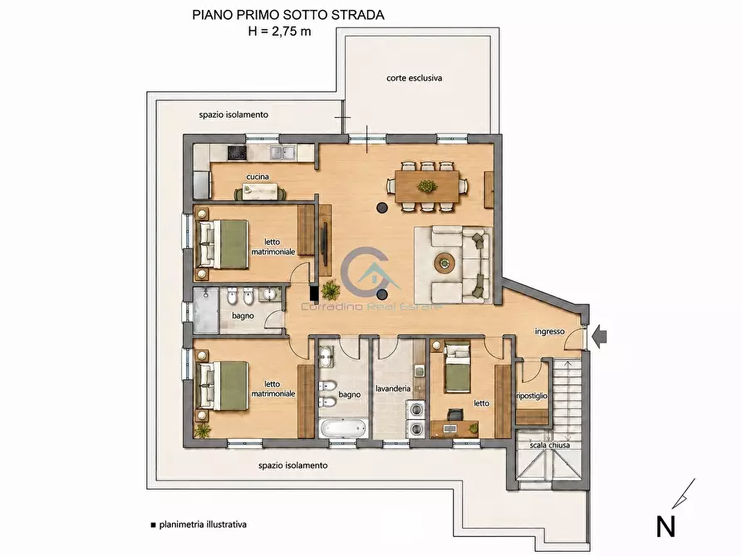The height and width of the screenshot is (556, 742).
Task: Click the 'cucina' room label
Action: [x=258, y=177]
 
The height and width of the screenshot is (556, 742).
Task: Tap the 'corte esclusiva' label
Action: [x=414, y=78]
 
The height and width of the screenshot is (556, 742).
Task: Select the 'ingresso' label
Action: [x=549, y=331]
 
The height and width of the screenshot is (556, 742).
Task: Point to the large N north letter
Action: [x=666, y=526]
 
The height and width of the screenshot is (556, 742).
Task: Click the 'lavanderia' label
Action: [x=393, y=388]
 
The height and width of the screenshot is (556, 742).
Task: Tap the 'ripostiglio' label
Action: [x=532, y=396]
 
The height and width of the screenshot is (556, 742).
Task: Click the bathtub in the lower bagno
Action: [x=343, y=429]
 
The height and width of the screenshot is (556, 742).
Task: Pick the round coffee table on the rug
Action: [x=445, y=263]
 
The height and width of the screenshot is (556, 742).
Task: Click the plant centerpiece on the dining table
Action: [x=427, y=186]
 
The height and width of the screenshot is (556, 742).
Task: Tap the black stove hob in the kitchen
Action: [x=237, y=153]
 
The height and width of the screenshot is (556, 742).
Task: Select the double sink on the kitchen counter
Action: [x=283, y=152]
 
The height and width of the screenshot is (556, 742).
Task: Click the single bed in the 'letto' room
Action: [x=457, y=368]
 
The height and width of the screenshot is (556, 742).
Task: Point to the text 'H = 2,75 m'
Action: [x=280, y=32]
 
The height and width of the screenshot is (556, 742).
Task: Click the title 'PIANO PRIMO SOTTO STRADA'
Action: [x=287, y=15]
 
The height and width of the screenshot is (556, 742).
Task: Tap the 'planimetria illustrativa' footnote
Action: [x=203, y=524]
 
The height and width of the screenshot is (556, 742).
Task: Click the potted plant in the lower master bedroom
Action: [x=204, y=431]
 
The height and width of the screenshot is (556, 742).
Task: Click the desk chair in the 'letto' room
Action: [x=455, y=415]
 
